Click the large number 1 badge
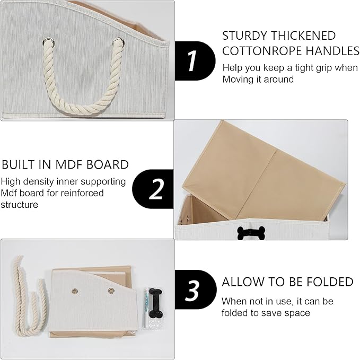coord(195,61)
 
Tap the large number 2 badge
coord(153,189)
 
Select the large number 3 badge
coord(196,289)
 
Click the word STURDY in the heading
coord(244,36)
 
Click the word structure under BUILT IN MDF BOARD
coord(19,205)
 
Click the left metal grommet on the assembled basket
coord(48,42)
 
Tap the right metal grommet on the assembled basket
coord(118,42)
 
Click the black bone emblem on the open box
coord(251,233)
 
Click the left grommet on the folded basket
coord(75,292)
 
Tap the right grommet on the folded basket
coord(111,291)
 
